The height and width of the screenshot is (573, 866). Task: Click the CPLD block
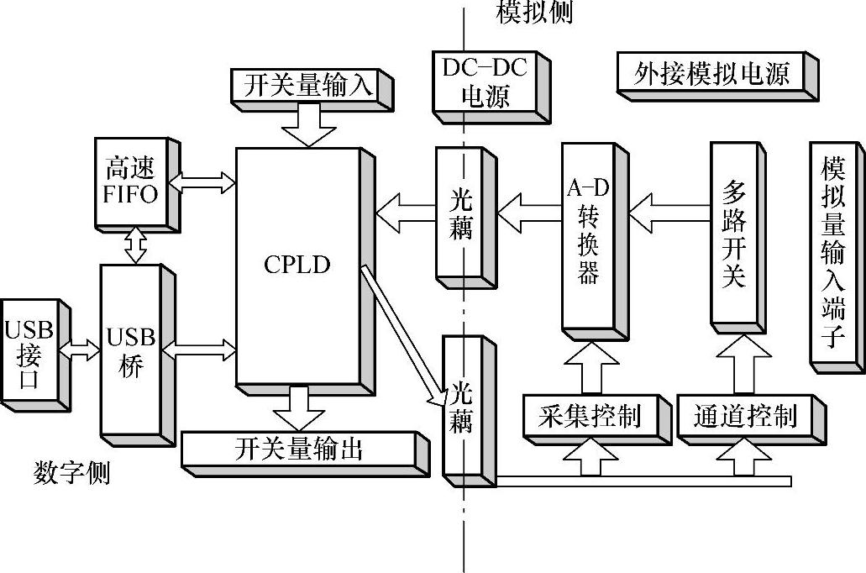pyautogui.click(x=298, y=265)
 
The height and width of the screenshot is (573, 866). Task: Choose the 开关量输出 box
pyautogui.click(x=298, y=449)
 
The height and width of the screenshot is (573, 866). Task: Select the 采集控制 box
pyautogui.click(x=589, y=415)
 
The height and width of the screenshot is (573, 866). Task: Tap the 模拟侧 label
pyautogui.click(x=534, y=13)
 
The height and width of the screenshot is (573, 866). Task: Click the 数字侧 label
pyautogui.click(x=71, y=472)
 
